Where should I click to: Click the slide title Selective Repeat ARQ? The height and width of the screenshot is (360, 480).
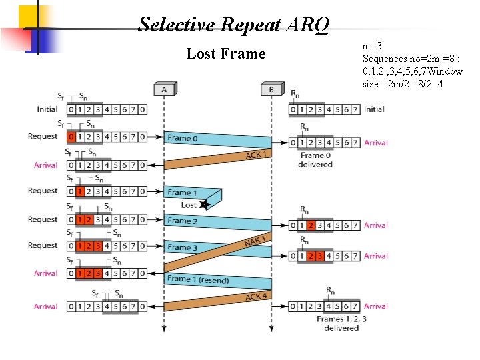[233, 25]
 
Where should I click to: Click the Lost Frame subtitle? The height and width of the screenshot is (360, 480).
[225, 53]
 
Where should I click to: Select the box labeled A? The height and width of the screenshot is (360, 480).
[164, 89]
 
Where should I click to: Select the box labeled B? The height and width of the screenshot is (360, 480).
[271, 89]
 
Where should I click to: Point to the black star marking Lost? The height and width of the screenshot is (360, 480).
[205, 204]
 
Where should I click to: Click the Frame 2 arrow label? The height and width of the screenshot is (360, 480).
[182, 221]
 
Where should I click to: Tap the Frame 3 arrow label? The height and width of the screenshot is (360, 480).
[182, 247]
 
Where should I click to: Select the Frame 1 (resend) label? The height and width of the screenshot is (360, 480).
[197, 279]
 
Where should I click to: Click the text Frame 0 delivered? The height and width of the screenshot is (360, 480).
[315, 160]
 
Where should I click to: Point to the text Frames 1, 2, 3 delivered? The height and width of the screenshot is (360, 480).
[341, 323]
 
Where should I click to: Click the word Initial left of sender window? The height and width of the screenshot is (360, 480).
[47, 109]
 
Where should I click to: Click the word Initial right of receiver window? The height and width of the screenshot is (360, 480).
[374, 109]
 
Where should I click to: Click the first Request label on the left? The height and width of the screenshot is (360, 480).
[43, 137]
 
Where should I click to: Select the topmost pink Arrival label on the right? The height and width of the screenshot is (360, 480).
[376, 143]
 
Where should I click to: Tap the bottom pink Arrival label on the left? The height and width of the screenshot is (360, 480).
[46, 307]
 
